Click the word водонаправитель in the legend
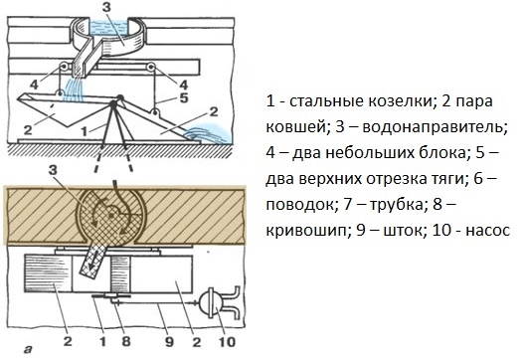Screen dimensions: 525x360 click(x=435, y=127)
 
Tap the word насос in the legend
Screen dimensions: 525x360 click(x=488, y=231)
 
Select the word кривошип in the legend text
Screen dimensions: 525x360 click(x=307, y=231)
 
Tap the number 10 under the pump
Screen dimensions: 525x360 click(x=227, y=342)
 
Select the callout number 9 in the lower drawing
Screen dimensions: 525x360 click(x=169, y=342)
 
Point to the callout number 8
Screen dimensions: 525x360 click(x=126, y=342)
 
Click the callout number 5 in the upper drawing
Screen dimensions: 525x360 click(x=183, y=97)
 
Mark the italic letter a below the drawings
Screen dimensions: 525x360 click(x=29, y=350)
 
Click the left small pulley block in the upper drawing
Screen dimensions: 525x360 click(x=63, y=68)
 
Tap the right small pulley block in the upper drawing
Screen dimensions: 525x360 click(x=150, y=68)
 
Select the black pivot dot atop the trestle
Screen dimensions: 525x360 click(x=113, y=104)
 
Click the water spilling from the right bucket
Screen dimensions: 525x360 click(x=208, y=133)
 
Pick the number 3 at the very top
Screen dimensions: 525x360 click(x=106, y=7)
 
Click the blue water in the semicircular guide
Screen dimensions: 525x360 click(x=108, y=27)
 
